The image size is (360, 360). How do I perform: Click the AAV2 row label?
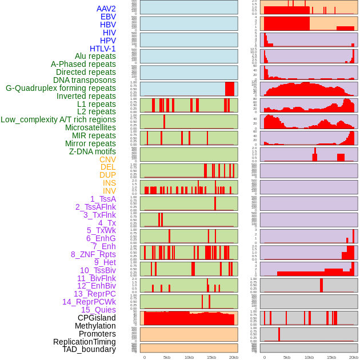coord(106,9)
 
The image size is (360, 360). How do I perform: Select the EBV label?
coord(108,17)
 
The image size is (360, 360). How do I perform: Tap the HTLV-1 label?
coord(103,49)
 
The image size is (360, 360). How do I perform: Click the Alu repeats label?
coord(95,56)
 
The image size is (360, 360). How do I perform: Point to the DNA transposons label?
coord(85,80)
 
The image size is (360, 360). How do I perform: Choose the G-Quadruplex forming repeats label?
coord(61,88)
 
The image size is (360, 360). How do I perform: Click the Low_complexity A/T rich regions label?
coord(58,119)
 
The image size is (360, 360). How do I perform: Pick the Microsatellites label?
coord(90,127)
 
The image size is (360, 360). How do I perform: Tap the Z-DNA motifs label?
coord(93,151)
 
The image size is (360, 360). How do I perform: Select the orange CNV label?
coord(107,159)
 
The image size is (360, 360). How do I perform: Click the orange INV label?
coord(109,191)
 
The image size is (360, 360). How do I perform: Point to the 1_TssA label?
coord(103,199)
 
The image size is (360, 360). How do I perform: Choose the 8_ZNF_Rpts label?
coord(93,254)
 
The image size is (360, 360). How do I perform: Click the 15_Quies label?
coord(98,310)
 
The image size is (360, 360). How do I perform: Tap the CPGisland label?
coord(97,318)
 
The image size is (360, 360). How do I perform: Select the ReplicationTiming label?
coord(85,342)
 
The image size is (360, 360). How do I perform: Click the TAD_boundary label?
coord(89,349)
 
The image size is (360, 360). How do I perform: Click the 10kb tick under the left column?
coord(189,357)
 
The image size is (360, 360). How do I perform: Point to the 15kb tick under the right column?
coord(331,357)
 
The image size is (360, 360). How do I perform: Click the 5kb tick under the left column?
coord(167,357)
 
